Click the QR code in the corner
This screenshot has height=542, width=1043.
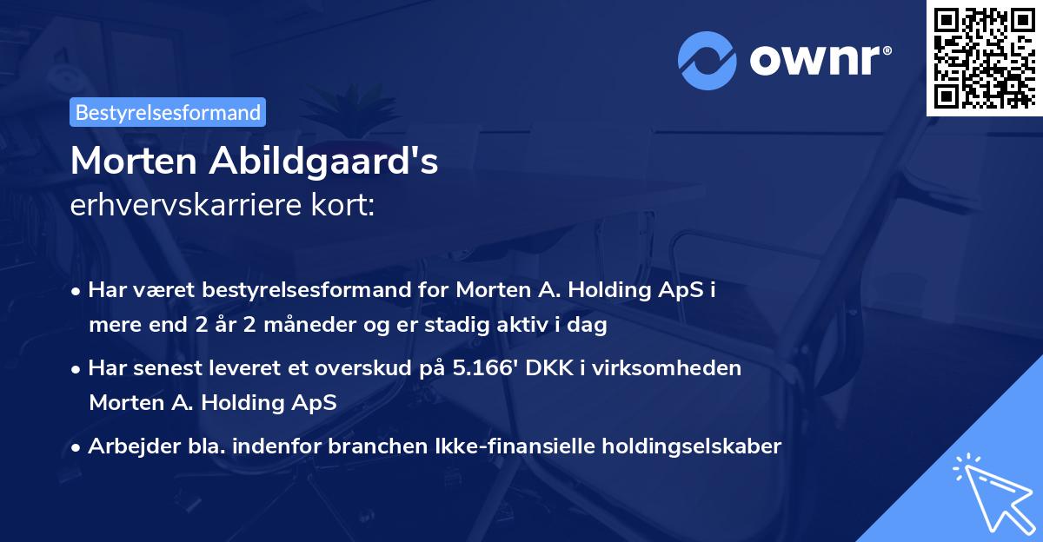[984, 57]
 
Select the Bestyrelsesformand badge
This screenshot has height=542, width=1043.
[168, 112]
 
